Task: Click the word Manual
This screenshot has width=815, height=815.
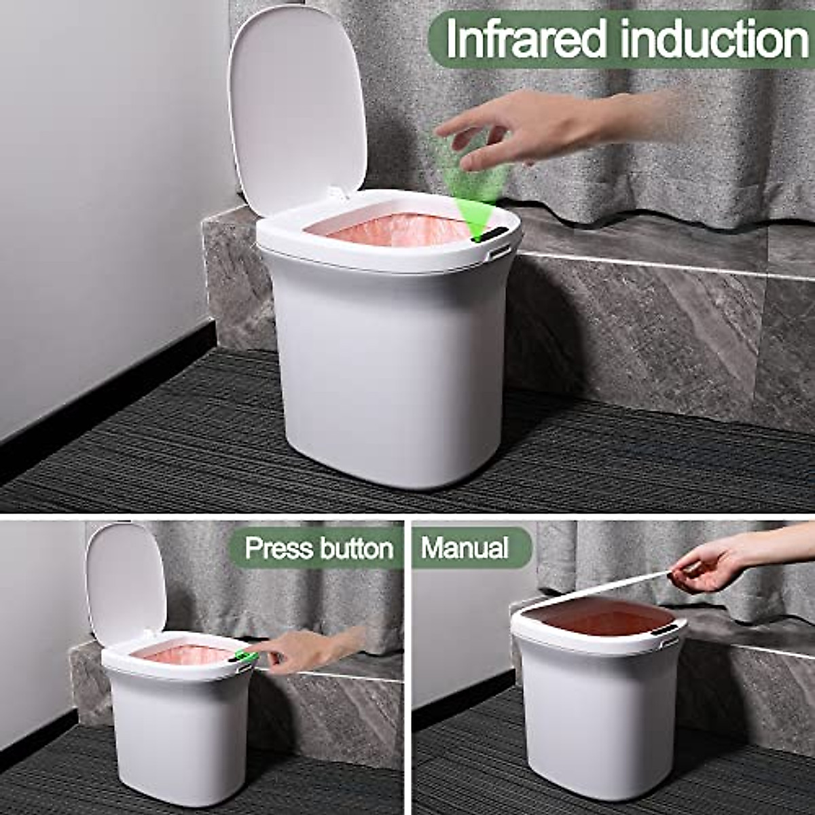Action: (465, 547)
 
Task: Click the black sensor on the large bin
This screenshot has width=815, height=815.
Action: (490, 235)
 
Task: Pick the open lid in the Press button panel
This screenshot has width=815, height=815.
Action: (126, 584)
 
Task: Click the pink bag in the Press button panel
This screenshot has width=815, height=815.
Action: (183, 655)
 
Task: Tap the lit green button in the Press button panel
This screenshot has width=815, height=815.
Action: (245, 657)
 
